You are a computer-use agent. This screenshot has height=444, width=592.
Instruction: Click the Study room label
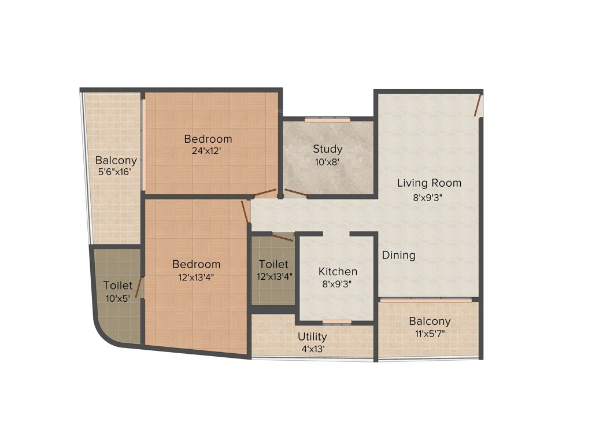328,149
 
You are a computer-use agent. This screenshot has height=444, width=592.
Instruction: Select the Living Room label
429,183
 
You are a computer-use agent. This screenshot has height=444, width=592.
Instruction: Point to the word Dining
398,255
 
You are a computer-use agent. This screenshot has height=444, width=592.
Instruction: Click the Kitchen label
338,271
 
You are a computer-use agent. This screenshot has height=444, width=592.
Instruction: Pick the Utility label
312,336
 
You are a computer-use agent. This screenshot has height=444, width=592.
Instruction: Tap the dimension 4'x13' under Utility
312,349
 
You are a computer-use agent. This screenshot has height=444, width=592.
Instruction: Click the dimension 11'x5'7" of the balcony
430,334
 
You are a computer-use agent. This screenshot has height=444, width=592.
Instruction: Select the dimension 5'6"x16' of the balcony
116,172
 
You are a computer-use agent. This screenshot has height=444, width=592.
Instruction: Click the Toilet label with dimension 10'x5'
118,286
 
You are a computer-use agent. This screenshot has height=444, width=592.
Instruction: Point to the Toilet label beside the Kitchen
273,264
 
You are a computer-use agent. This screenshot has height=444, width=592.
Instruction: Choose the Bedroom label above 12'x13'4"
197,264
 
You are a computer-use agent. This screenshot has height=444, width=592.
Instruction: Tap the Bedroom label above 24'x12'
208,139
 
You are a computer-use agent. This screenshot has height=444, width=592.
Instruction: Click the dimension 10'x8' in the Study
328,162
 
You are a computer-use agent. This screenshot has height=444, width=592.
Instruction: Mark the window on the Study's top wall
328,120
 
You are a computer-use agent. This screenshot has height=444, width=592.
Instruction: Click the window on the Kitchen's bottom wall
337,321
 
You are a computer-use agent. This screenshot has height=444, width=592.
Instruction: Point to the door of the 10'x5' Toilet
139,287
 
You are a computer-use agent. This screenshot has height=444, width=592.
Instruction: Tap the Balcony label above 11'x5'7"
430,321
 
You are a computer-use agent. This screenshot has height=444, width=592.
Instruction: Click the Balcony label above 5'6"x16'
116,160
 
